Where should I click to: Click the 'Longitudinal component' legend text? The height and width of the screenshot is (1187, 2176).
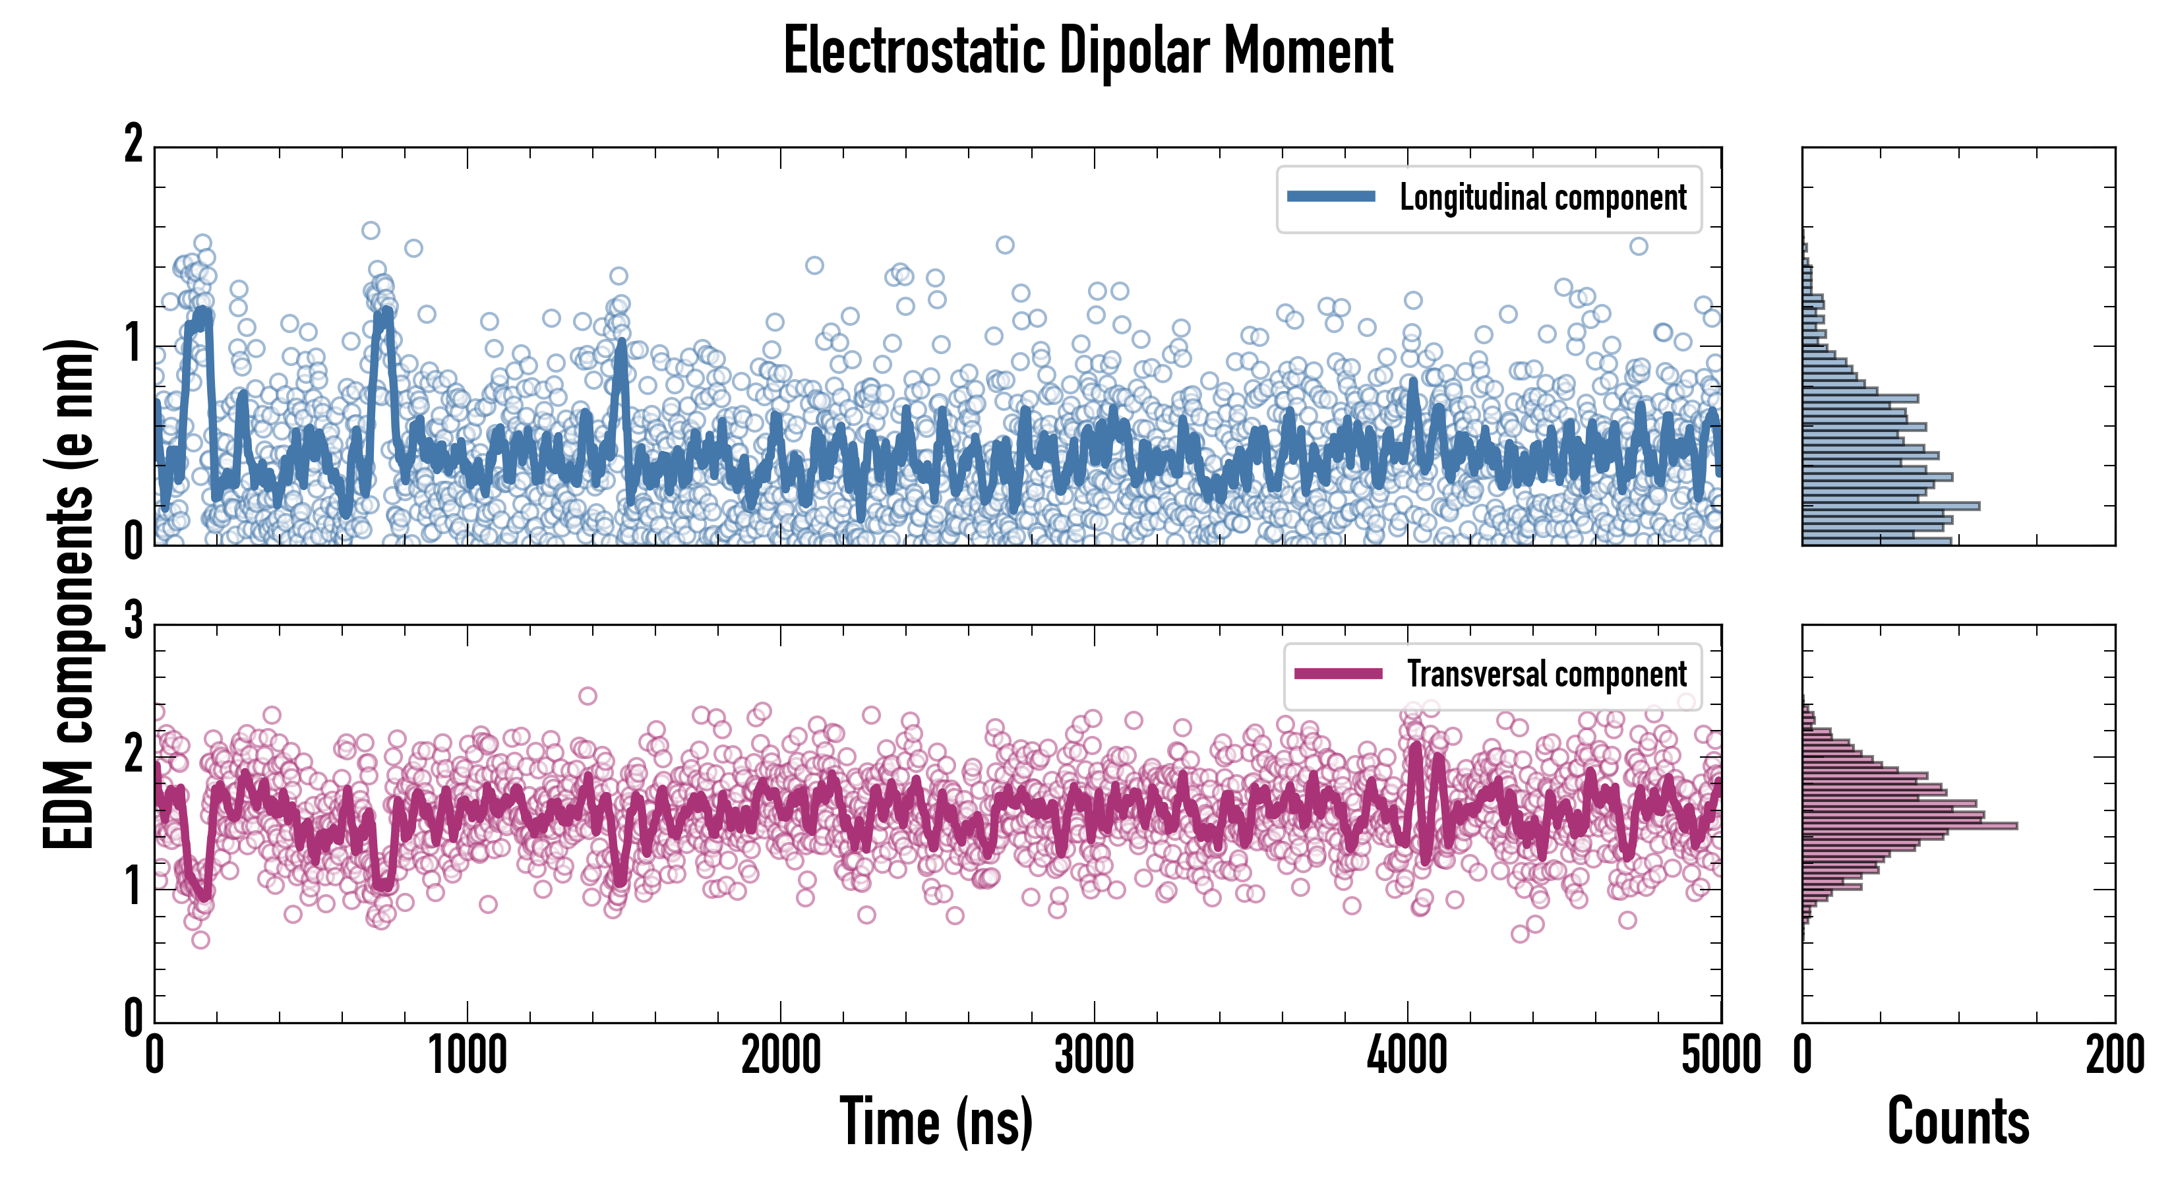[x=1542, y=198]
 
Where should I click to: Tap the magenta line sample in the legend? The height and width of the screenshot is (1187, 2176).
[x=1338, y=673]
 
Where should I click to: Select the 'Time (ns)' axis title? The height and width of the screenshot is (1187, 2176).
[x=936, y=1121]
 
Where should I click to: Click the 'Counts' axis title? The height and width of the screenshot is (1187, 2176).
[x=1958, y=1121]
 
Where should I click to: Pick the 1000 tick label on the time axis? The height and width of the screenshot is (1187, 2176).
[x=467, y=1056]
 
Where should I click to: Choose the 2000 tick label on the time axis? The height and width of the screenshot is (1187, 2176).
[x=781, y=1056]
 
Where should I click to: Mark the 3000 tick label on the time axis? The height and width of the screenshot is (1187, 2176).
[x=1094, y=1056]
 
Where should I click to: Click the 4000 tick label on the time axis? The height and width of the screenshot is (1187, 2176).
[x=1407, y=1056]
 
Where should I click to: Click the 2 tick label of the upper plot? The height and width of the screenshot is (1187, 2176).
[x=133, y=145]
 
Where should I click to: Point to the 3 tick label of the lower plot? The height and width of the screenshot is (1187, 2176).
[x=133, y=622]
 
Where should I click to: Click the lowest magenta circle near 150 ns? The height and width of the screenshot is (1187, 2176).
[x=200, y=940]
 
